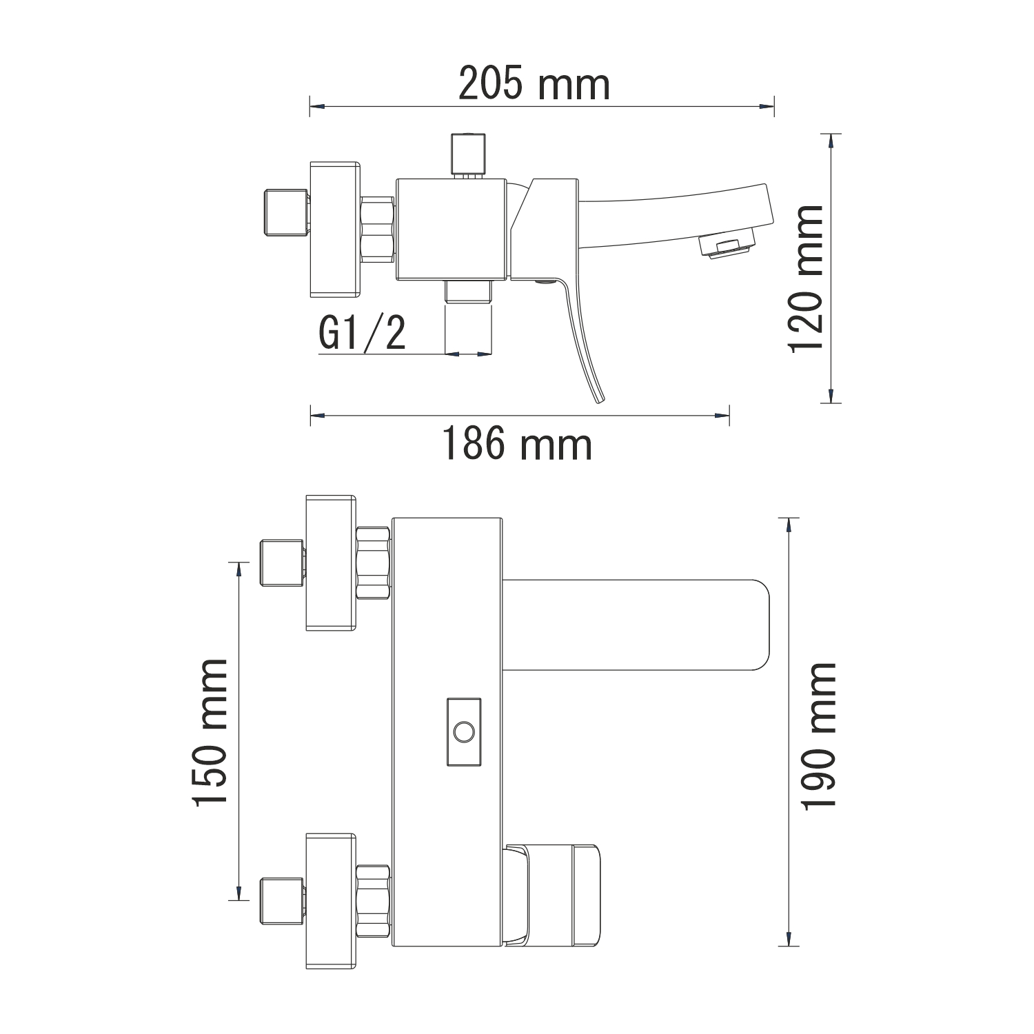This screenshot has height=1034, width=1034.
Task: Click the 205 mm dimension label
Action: pyautogui.click(x=534, y=85)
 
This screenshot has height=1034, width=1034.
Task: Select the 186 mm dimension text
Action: pyautogui.click(x=516, y=444)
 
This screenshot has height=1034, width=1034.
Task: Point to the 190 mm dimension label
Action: pyautogui.click(x=819, y=736)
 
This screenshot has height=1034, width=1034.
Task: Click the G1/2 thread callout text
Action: pyautogui.click(x=363, y=334)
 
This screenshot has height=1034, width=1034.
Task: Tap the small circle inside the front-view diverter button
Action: pyautogui.click(x=464, y=731)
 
